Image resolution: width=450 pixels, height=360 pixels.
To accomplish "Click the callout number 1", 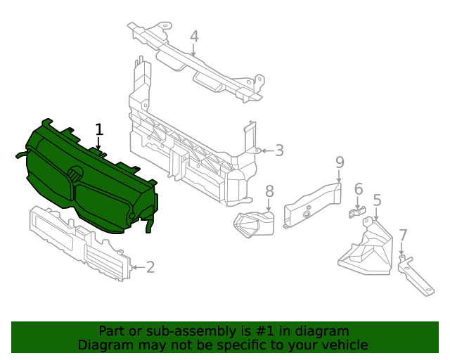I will click(99, 129).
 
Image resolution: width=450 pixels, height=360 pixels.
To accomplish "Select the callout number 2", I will click(150, 266).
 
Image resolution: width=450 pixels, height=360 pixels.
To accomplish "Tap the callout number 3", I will click(279, 150).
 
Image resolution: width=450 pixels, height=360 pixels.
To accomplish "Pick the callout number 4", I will click(194, 37).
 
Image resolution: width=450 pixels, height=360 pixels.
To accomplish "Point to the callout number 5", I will click(377, 200).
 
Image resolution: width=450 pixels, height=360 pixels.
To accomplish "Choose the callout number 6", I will click(358, 189).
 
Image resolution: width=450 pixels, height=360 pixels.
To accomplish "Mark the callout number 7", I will click(402, 235).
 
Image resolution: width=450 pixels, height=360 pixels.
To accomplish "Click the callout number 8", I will click(269, 191).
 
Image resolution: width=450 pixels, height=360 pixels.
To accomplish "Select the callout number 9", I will click(340, 162).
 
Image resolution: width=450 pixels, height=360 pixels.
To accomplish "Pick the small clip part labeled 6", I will click(358, 212).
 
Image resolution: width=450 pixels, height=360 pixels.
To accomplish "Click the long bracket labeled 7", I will click(416, 279).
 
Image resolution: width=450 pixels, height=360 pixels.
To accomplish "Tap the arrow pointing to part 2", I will click(137, 266).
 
